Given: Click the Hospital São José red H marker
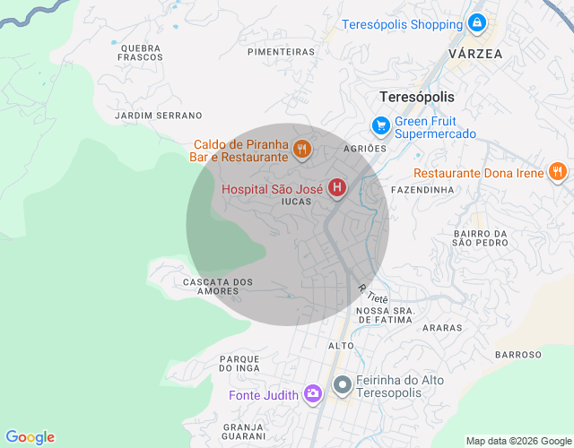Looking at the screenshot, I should [337, 188].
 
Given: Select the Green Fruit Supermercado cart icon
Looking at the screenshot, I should [381, 126].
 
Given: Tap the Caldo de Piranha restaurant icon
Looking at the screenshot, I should [301, 149].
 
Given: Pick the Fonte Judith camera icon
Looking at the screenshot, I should [312, 393].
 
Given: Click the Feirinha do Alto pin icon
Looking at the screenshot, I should [343, 386].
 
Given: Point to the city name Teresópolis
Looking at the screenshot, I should [417, 97].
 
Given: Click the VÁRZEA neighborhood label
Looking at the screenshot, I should [474, 54].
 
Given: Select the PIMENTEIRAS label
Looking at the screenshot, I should [281, 52].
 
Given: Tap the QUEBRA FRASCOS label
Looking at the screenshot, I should [139, 52].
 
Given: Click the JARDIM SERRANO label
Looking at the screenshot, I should [159, 116].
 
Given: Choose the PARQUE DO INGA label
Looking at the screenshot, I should [239, 363].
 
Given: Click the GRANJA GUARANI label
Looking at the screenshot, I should [244, 431].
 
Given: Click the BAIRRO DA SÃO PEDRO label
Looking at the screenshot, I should [480, 238].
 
